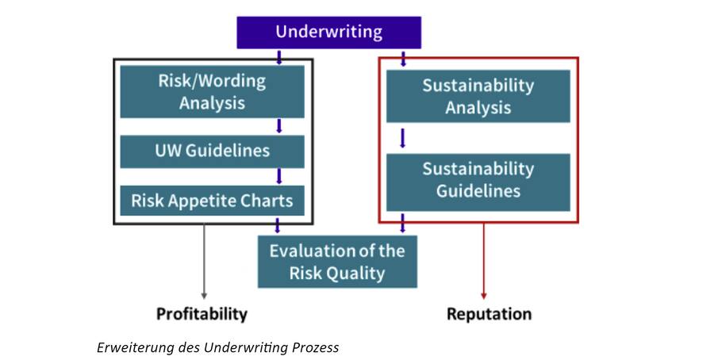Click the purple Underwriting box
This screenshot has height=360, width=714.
[x=328, y=33]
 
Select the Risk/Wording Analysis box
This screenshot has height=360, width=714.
[x=212, y=91]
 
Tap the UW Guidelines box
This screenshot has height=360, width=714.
[x=212, y=151]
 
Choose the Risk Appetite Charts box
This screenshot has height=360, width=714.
[x=212, y=201]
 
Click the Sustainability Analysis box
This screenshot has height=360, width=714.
[x=478, y=96]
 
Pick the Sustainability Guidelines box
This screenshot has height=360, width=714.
[x=478, y=182]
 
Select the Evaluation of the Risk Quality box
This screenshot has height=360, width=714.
[x=337, y=262]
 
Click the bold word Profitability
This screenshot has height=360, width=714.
[x=202, y=313]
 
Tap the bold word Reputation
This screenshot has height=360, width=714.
[x=489, y=313]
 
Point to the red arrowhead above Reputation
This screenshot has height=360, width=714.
[x=484, y=296]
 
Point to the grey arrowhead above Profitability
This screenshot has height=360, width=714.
[x=204, y=296]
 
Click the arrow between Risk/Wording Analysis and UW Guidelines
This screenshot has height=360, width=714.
[x=279, y=126]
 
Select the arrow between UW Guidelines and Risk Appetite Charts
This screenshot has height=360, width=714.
[x=279, y=176]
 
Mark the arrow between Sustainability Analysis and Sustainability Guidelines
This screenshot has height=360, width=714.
[x=402, y=138]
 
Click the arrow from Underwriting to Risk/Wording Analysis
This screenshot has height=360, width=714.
[x=279, y=57]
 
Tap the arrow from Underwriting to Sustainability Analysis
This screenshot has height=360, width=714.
[x=403, y=59]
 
